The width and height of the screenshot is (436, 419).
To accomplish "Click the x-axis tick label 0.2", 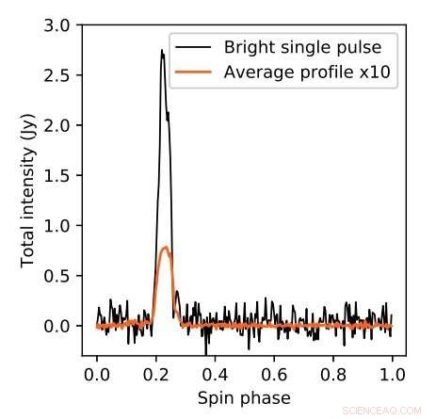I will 155,375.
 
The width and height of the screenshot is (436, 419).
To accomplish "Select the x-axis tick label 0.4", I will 214,375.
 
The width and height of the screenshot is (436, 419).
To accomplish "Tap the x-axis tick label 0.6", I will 273,375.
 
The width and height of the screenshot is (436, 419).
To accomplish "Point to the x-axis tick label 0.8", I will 332,375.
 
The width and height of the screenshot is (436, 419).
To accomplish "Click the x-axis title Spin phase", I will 244,398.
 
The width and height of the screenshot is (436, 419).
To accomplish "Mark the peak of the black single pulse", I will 162,51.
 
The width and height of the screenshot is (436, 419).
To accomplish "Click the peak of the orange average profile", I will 166,248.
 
